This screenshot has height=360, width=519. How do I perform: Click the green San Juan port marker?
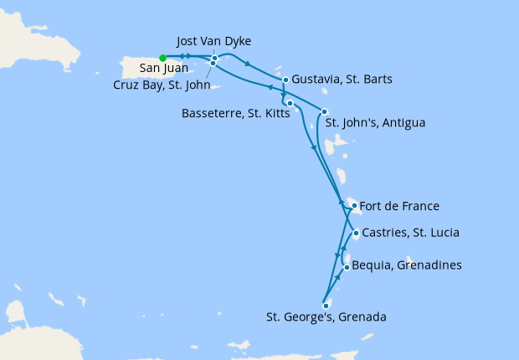pos(162,58)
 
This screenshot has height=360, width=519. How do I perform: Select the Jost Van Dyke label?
pos(215,41)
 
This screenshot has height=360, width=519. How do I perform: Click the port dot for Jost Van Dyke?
pos(214,58)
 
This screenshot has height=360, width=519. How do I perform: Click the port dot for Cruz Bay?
pos(213,64)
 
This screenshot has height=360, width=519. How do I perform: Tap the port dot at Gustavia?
pos(285,80)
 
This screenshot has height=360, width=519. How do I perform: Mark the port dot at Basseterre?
pos(289,104)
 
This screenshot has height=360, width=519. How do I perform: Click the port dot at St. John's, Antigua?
pos(325,112)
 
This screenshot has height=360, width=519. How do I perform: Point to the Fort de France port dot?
pos(355,205)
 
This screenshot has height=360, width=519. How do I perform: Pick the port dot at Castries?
pos(357,234)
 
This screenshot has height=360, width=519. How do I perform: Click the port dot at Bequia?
pos(347,268)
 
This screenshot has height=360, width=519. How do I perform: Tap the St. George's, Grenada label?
pos(326,317)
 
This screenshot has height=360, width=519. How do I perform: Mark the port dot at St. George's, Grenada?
pos(326,306)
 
